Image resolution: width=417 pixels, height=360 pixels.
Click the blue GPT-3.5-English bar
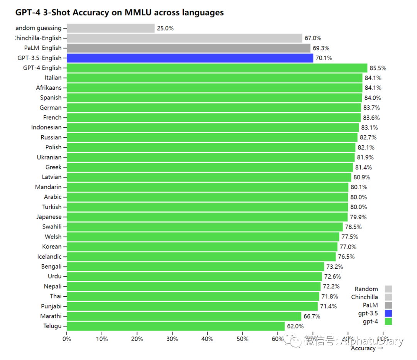point(190,58)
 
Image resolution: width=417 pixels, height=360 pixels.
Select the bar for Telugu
point(176,326)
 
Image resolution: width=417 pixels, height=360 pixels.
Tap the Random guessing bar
point(110,28)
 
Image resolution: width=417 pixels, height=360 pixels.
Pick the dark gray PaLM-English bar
point(188,48)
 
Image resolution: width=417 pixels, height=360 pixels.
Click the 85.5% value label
point(378,68)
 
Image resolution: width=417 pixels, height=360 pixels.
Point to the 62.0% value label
point(295,326)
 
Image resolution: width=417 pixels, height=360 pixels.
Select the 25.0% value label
point(165,28)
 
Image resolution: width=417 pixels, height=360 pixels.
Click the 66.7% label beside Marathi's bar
point(312,316)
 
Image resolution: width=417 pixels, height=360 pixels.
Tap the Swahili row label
point(52,226)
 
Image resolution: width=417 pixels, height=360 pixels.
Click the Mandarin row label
point(48,187)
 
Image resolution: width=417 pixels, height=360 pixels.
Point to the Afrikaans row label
point(49,88)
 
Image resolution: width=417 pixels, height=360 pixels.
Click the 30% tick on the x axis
point(172,339)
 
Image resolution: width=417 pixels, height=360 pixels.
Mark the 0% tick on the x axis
point(67,339)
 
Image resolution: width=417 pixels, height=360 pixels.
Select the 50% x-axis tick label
point(242,339)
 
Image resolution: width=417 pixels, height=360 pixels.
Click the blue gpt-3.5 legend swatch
point(388,313)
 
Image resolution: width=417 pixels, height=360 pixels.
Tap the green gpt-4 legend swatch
point(388,321)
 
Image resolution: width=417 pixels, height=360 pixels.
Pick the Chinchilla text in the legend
point(364,297)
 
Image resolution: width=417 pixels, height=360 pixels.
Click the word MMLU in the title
point(138,12)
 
